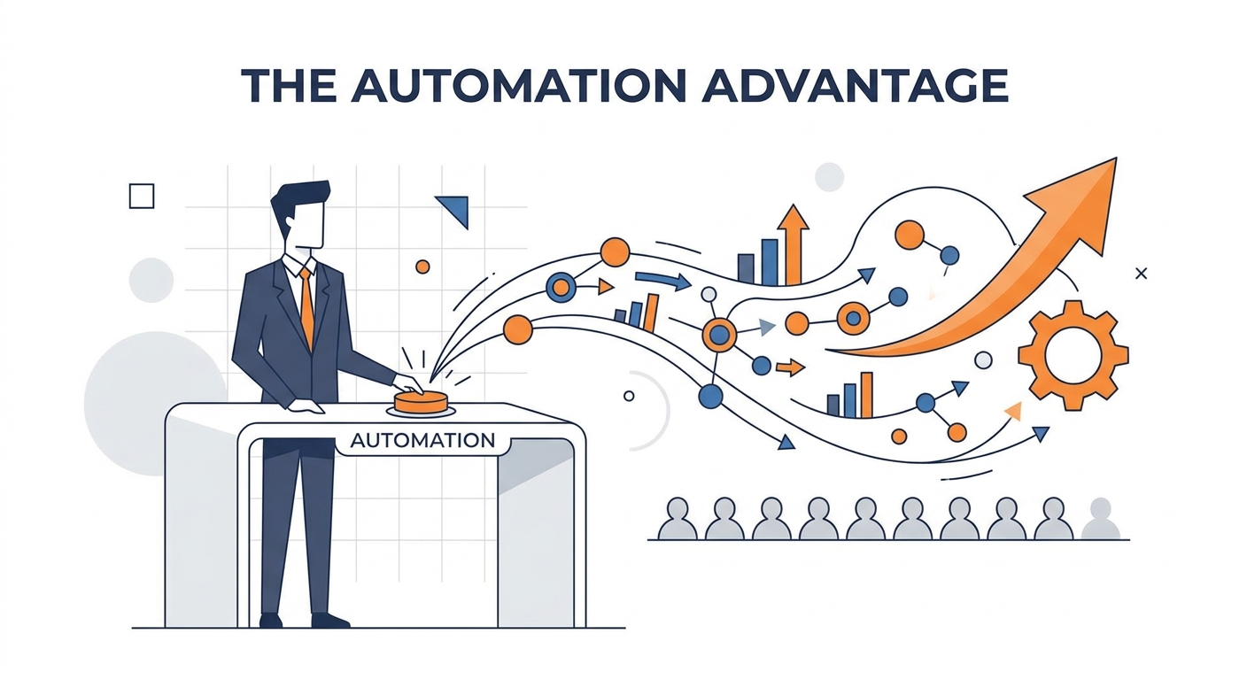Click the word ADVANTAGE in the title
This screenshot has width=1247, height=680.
pyautogui.click(x=855, y=86)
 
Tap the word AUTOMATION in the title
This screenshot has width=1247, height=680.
pyautogui.click(x=518, y=86)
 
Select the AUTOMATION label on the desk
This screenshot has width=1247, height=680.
pyautogui.click(x=422, y=440)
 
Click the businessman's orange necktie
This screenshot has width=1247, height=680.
pyautogui.click(x=306, y=307)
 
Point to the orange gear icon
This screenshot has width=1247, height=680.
pyautogui.click(x=1073, y=355)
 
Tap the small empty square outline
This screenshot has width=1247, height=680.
pyautogui.click(x=142, y=196)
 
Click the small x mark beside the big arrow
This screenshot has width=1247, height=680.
pyautogui.click(x=1142, y=274)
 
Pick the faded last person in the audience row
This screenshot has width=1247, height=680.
pyautogui.click(x=1100, y=519)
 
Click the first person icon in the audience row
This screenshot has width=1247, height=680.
pyautogui.click(x=677, y=519)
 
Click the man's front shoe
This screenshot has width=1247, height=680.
pyautogui.click(x=330, y=620)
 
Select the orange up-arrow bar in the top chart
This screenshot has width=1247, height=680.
pyautogui.click(x=793, y=245)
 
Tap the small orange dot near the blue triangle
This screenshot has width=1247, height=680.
pyautogui.click(x=422, y=267)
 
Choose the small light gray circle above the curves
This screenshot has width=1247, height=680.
pyautogui.click(x=830, y=177)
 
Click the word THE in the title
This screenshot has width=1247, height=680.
pyautogui.click(x=290, y=86)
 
